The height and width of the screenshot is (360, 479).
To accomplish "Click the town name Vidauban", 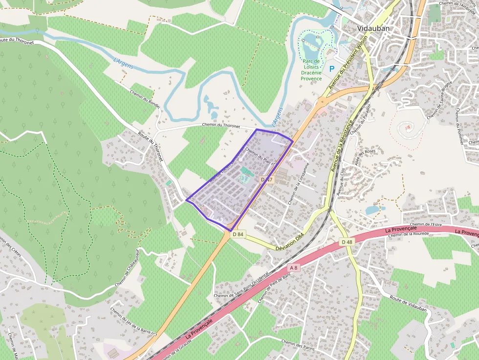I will [x=373, y=28].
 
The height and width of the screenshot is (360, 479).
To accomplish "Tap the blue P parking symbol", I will [x=332, y=69].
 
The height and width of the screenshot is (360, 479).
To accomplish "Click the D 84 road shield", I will [x=238, y=234].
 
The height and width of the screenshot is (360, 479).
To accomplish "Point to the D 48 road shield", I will [x=347, y=242].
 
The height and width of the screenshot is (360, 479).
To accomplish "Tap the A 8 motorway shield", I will [x=293, y=267].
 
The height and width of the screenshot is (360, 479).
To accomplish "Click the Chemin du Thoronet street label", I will [x=221, y=126].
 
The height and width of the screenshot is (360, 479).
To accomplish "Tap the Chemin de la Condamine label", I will [x=299, y=183].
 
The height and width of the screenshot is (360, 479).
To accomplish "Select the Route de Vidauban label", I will [x=409, y=304].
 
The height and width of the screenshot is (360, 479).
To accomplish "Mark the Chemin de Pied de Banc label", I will [x=267, y=288].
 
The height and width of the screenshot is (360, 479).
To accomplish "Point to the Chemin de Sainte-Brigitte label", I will [x=439, y=100].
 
